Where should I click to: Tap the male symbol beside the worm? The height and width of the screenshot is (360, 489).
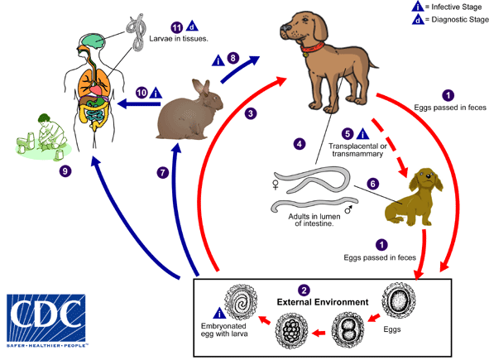pos(347,210)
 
